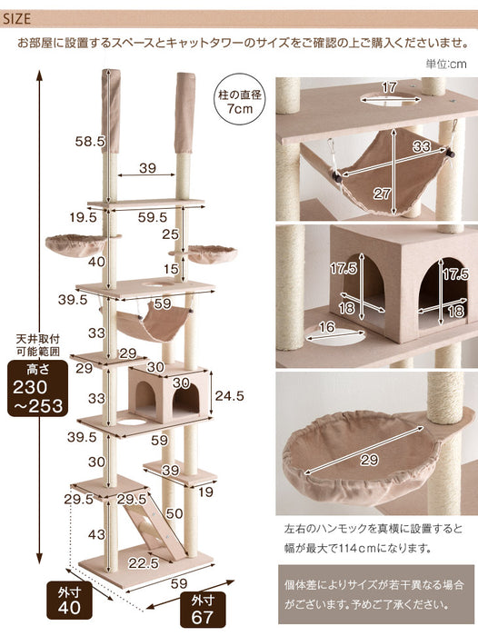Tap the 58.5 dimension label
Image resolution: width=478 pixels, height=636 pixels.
[88, 141]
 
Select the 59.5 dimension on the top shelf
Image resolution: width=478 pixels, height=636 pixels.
[152, 217]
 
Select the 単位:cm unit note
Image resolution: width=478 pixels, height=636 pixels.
[445, 64]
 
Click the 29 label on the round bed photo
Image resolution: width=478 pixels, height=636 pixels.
[369, 462]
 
